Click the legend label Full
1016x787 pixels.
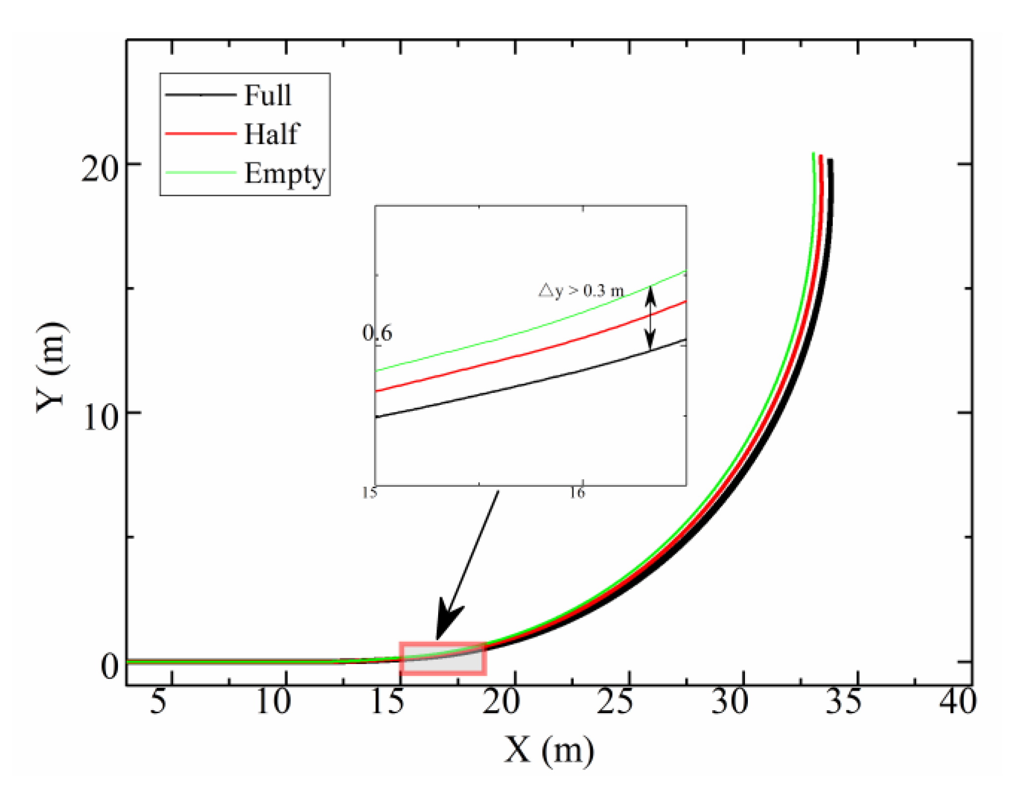click(268, 95)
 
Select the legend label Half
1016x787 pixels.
click(271, 134)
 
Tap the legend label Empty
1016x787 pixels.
click(285, 173)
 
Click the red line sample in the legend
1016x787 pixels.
click(200, 133)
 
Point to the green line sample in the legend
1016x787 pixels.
click(200, 172)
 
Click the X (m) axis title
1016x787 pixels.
click(549, 750)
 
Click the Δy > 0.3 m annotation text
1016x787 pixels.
click(581, 290)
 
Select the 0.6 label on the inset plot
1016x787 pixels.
click(377, 333)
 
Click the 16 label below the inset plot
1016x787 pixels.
click(577, 493)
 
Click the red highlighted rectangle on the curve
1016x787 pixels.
click(443, 659)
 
